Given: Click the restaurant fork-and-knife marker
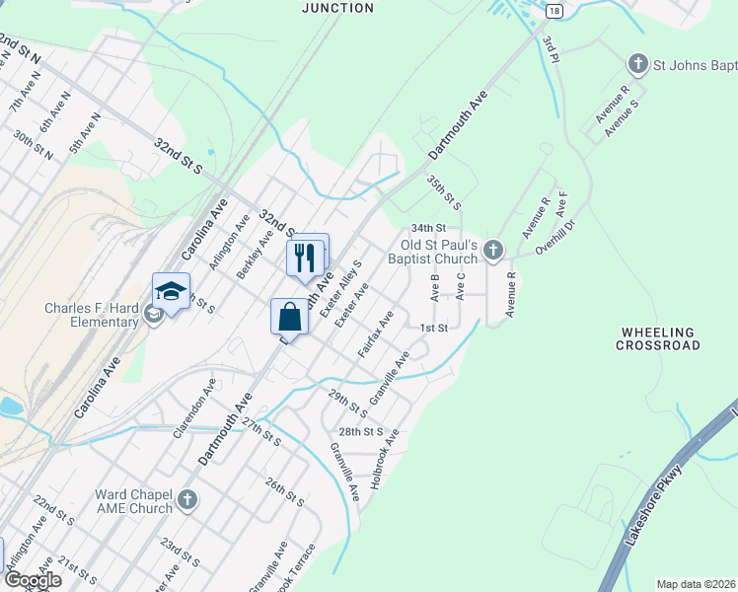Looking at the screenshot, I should pos(307,257).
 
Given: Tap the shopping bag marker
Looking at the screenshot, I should pos(289,317).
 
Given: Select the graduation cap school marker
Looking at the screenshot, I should pos(171,292).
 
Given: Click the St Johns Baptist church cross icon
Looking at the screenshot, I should pos(637,65).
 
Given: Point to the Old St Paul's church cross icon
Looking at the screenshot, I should pos(494,252).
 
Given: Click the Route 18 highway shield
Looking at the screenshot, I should pos(555,10).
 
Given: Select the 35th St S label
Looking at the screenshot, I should pos(444,192).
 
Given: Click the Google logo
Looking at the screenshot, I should pos(32,580).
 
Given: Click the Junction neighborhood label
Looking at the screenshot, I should pos(337,8).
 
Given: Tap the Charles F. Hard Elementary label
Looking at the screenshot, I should pos(92,315).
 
